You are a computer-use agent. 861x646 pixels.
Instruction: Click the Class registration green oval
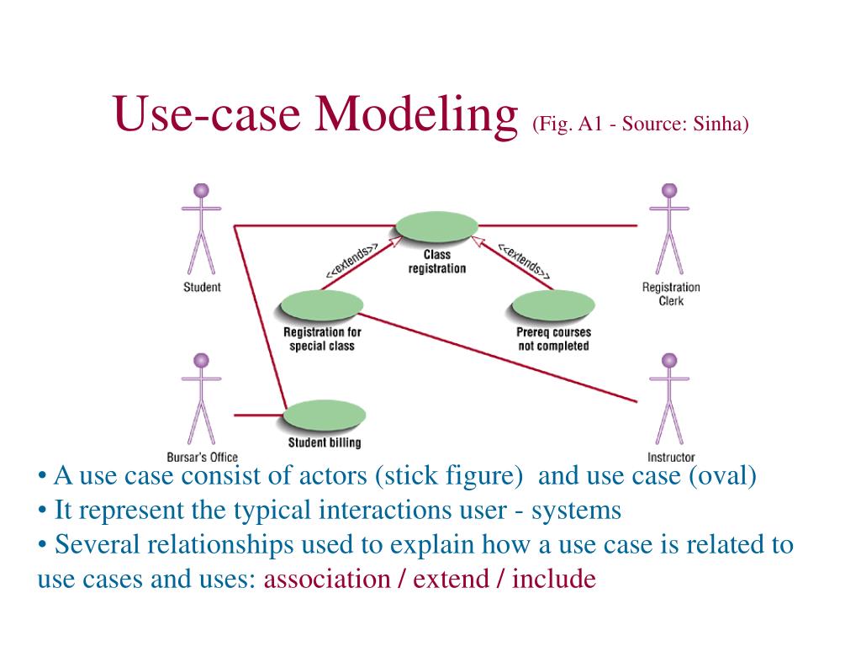(x=436, y=226)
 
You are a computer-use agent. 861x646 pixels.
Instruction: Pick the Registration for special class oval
(x=321, y=305)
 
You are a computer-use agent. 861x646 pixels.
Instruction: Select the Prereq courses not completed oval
(x=552, y=305)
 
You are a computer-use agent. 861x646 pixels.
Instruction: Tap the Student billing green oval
(x=325, y=416)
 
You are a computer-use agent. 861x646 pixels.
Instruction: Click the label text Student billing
(x=325, y=442)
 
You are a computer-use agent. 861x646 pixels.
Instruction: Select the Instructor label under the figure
(x=671, y=458)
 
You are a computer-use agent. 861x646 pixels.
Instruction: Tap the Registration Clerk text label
(x=671, y=294)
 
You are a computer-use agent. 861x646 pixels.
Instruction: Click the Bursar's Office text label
(x=202, y=458)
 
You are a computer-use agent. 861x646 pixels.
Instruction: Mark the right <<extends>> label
(x=524, y=260)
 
